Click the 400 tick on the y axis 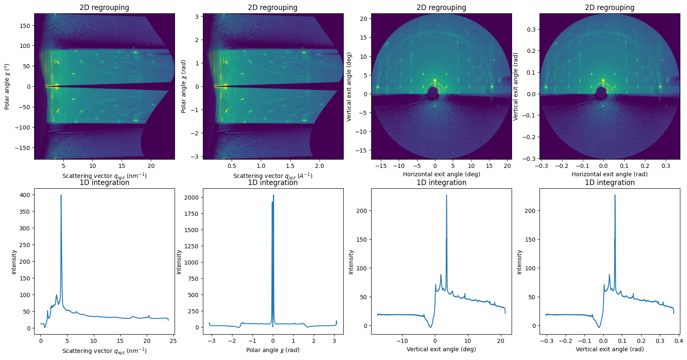coord(25,195)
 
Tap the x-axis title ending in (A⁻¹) coord(272,176)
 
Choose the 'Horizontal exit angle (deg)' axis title coord(441,174)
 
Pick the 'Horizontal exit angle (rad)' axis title coord(610,174)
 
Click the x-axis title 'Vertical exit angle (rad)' coord(610,349)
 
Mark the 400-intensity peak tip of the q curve coord(61,195)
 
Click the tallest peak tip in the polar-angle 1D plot coord(273,195)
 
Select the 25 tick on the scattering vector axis coord(173,341)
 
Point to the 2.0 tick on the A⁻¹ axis coord(319,166)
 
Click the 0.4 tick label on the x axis coord(679,341)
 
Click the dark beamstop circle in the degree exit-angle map coord(433,92)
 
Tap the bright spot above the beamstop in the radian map coord(603,80)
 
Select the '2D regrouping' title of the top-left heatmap coord(104,7)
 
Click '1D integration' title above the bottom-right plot coord(610,182)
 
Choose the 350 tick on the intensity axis coord(25,212)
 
